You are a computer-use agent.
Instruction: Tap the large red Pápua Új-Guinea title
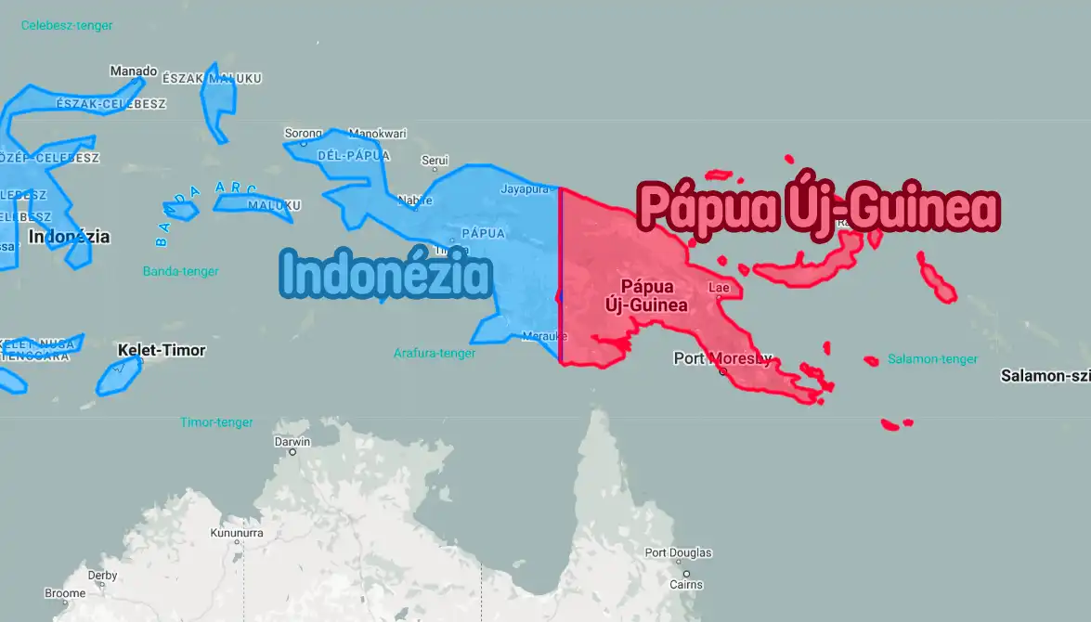pyautogui.click(x=818, y=210)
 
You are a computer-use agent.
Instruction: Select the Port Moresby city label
pyautogui.click(x=721, y=358)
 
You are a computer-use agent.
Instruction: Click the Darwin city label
pyautogui.click(x=292, y=442)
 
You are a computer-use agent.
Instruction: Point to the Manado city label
pyautogui.click(x=134, y=71)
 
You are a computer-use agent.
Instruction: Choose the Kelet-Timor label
pyautogui.click(x=162, y=351)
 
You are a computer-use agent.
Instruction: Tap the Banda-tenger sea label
pyautogui.click(x=180, y=271)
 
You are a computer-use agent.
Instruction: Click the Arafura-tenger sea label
pyautogui.click(x=435, y=354)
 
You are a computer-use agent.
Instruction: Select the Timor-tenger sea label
pyautogui.click(x=216, y=422)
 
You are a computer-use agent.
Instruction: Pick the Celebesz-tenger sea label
pyautogui.click(x=67, y=26)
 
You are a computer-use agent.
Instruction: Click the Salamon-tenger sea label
pyautogui.click(x=932, y=359)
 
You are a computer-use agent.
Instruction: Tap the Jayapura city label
pyautogui.click(x=525, y=189)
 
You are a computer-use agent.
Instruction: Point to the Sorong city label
pyautogui.click(x=303, y=134)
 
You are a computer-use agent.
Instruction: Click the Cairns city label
pyautogui.click(x=686, y=585)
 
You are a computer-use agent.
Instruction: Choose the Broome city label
pyautogui.click(x=65, y=593)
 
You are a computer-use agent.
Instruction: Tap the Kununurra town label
pyautogui.click(x=237, y=534)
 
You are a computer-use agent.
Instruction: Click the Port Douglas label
pyautogui.click(x=678, y=553)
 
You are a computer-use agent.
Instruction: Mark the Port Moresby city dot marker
pyautogui.click(x=723, y=372)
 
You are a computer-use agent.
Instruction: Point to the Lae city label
pyautogui.click(x=719, y=288)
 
